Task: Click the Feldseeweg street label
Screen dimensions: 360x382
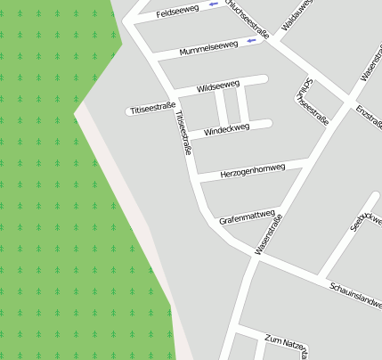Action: (176, 13)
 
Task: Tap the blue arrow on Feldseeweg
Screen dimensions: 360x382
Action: (214, 5)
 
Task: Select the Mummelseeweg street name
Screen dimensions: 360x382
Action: (208, 48)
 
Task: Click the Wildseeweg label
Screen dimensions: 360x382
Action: (218, 86)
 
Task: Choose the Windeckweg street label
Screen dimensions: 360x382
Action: (226, 129)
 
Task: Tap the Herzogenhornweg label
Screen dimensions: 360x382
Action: (252, 168)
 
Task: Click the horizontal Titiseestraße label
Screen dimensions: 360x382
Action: (151, 109)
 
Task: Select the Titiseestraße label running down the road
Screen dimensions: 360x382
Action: (184, 134)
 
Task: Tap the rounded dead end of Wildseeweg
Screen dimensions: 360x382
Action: (264, 80)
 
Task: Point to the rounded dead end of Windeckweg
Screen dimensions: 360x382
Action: (266, 124)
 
